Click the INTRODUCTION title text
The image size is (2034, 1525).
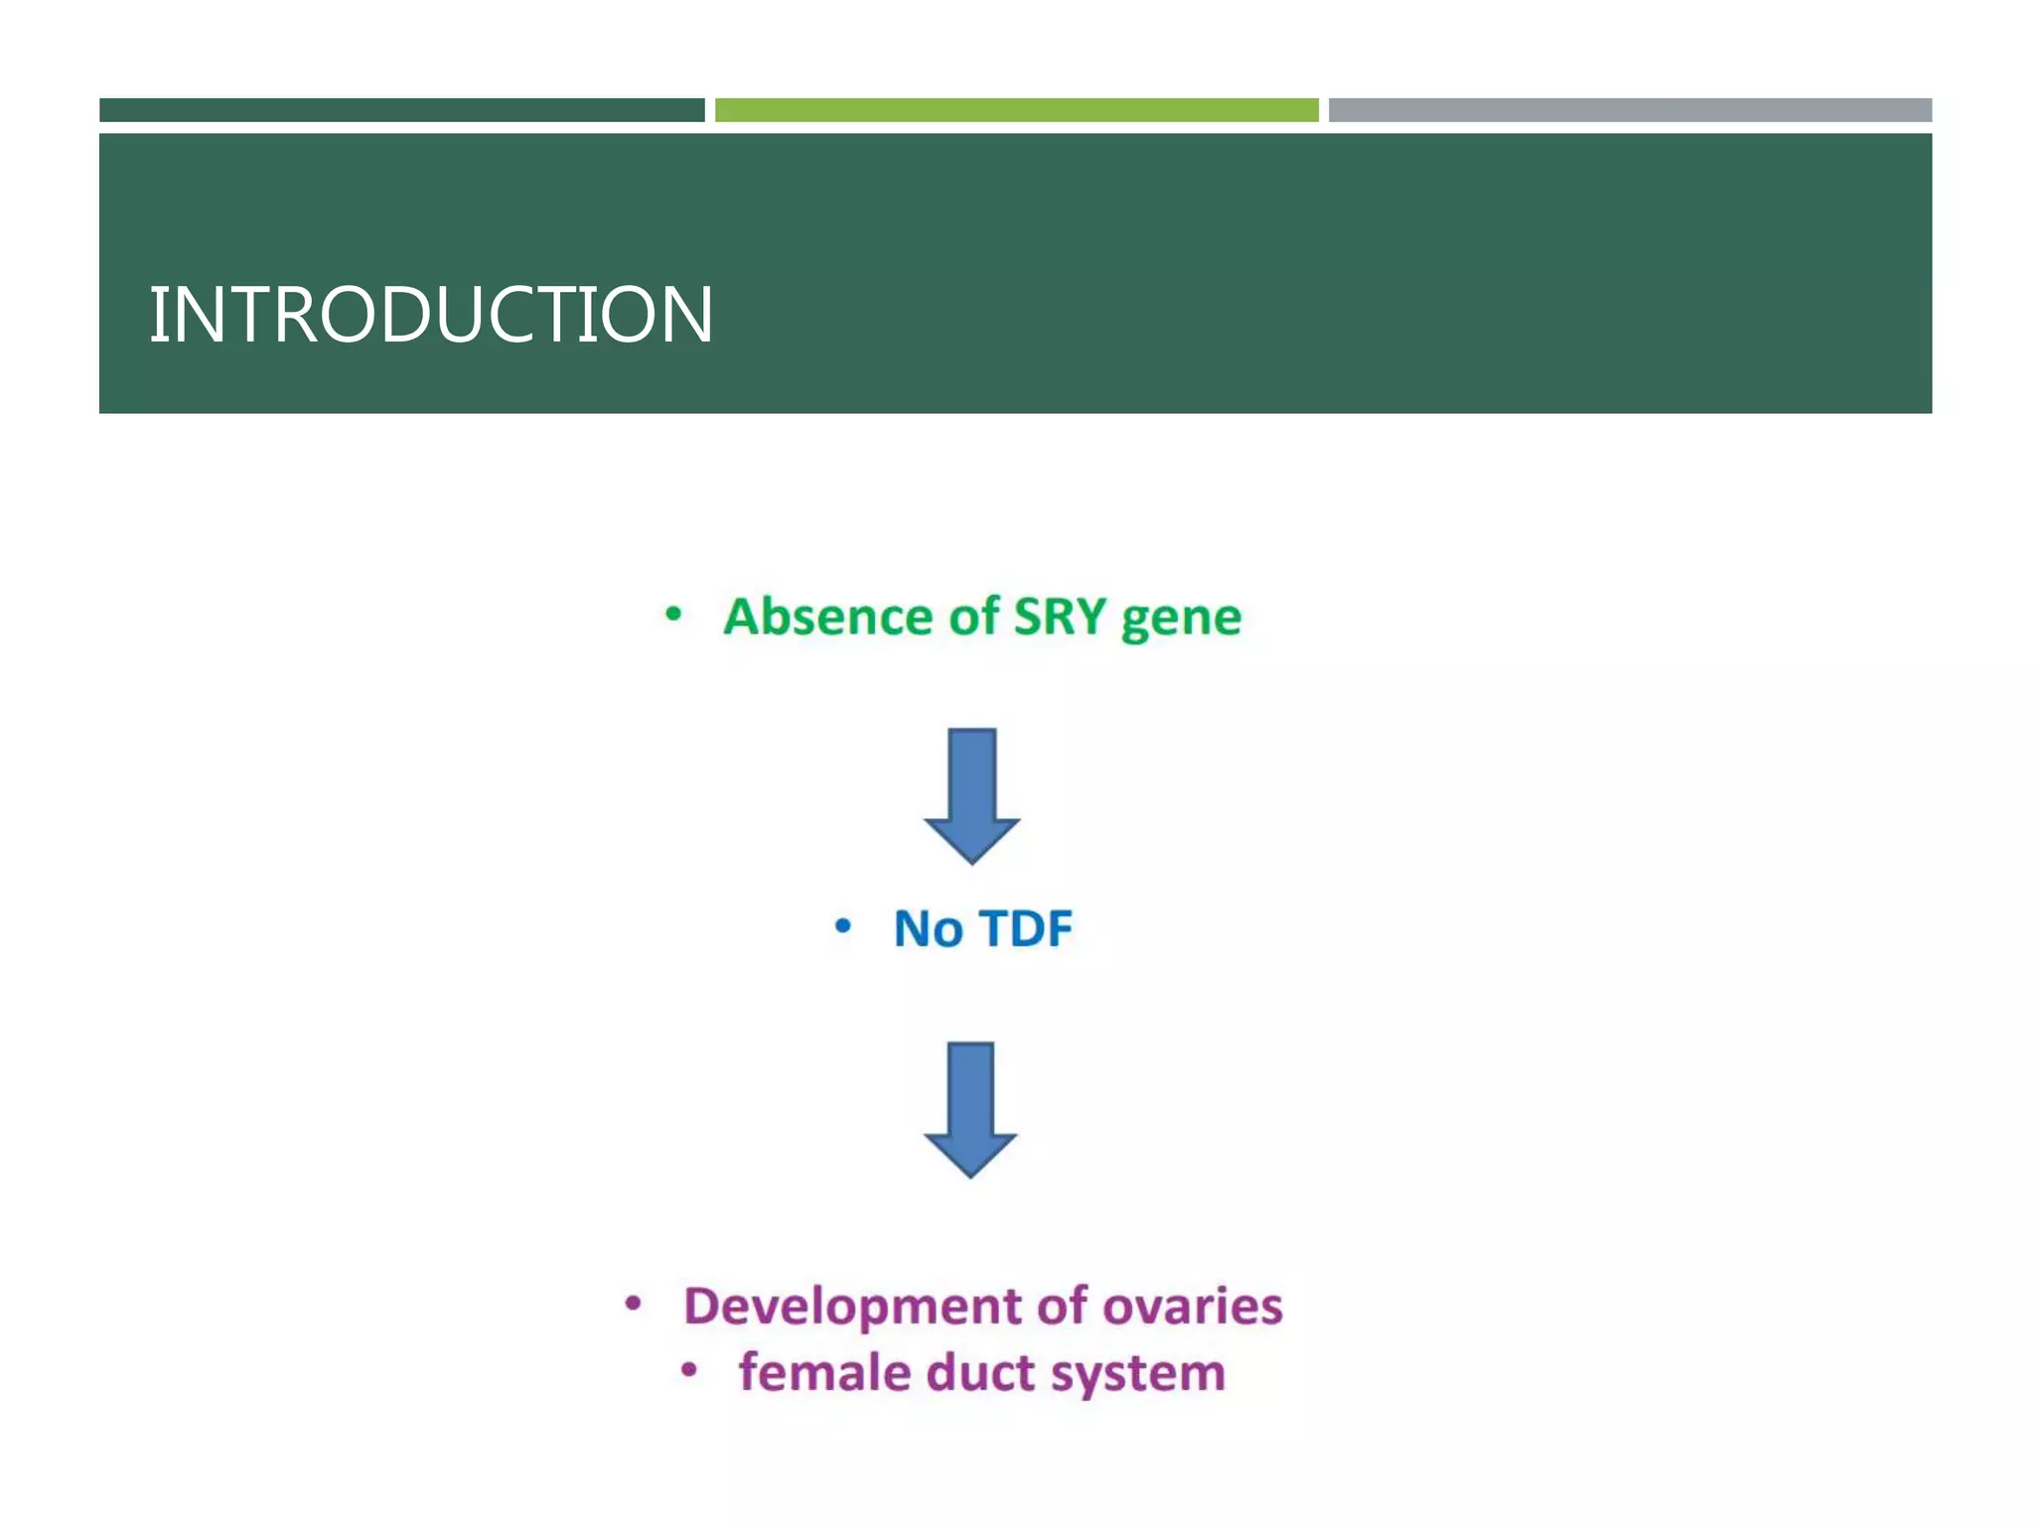[x=430, y=315]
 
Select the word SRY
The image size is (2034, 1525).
[x=1059, y=617]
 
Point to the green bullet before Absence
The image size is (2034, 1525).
[x=673, y=615]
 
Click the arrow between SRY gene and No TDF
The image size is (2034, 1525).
[x=971, y=794]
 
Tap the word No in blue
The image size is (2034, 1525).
[x=928, y=929]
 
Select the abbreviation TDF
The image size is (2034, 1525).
[x=1026, y=929]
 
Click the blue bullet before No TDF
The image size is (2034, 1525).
[x=842, y=927]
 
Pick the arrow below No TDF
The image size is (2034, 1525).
[x=970, y=1108]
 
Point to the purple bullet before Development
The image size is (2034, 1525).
[x=633, y=1304]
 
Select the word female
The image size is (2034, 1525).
[x=823, y=1373]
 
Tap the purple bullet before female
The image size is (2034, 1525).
[x=689, y=1371]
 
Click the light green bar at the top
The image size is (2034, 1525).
[x=1016, y=110]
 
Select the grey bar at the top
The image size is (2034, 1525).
[x=1630, y=110]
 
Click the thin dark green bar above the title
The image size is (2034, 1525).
[x=401, y=110]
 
